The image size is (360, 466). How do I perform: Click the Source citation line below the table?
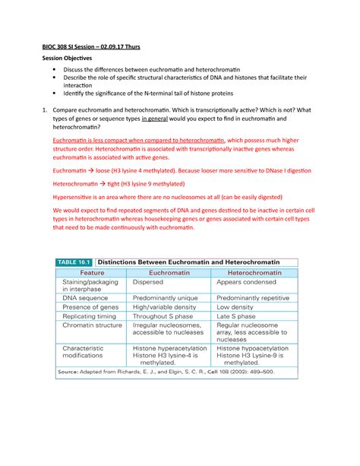click(169, 372)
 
